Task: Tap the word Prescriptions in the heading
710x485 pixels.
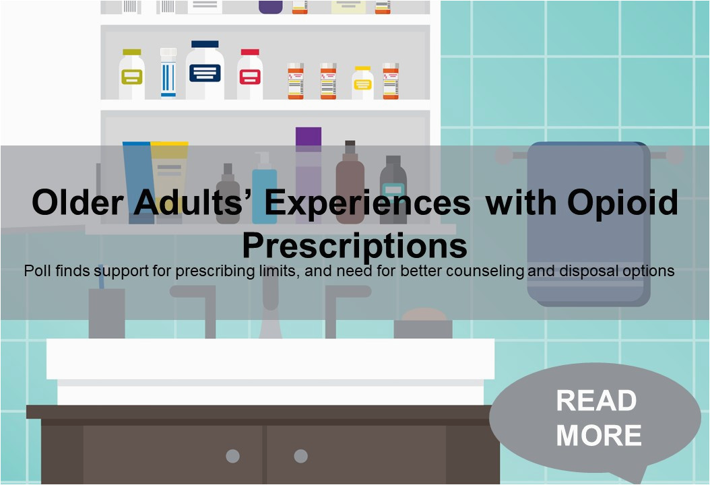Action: [354, 245]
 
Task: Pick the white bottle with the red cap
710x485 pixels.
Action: [250, 74]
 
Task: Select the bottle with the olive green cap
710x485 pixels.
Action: [132, 74]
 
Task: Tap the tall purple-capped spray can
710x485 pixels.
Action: [309, 175]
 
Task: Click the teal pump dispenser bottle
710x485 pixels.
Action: [265, 187]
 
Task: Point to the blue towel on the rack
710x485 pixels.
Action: [589, 224]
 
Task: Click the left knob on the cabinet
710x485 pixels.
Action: [233, 455]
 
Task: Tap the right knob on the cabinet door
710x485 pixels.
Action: [300, 455]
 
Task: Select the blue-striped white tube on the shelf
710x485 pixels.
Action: [168, 73]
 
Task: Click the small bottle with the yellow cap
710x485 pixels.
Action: [362, 83]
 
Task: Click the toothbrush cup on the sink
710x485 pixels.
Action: [107, 313]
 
